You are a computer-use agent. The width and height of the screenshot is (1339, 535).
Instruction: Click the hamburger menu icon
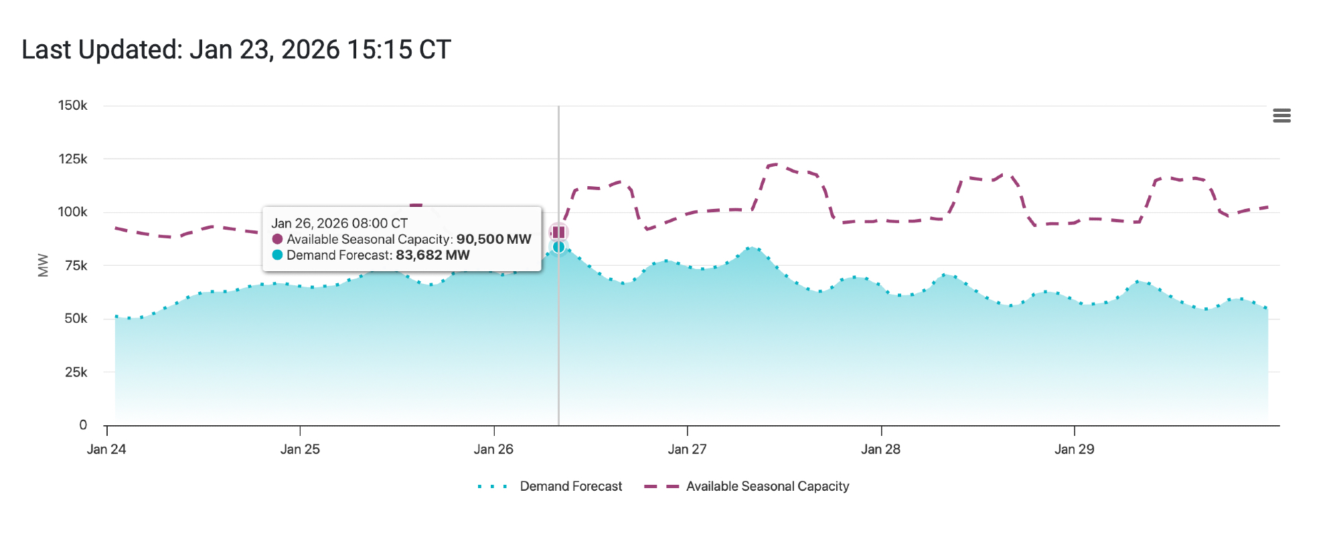tap(1281, 116)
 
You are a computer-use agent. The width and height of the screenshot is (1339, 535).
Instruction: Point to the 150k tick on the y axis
tap(72, 106)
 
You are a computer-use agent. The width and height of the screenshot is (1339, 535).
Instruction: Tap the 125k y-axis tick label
tap(72, 159)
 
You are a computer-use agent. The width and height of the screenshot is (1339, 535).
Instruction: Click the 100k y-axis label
tap(72, 212)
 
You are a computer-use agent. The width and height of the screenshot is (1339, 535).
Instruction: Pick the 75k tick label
tap(76, 266)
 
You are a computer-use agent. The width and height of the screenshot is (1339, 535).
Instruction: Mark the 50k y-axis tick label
tap(76, 319)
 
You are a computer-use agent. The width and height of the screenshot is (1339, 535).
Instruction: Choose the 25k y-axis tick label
tap(76, 372)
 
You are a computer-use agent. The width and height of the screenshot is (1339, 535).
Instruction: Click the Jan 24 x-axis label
tap(106, 449)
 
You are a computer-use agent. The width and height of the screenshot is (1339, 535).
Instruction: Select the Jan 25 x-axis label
tap(300, 449)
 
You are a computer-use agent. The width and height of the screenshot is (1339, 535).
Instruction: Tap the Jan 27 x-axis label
tap(687, 449)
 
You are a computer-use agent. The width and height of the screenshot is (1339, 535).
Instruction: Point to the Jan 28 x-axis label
tap(880, 449)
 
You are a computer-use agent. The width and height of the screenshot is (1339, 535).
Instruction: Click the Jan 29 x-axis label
tap(1074, 449)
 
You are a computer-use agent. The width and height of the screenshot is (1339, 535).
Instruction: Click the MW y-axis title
tap(44, 265)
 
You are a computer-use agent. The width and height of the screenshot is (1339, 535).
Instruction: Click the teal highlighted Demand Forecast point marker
tap(558, 247)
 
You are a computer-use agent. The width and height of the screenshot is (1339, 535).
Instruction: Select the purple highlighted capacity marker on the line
tap(558, 232)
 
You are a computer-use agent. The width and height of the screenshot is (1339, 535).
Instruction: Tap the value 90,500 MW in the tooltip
tap(493, 239)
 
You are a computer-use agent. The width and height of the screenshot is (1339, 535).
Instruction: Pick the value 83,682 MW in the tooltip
tap(432, 255)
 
